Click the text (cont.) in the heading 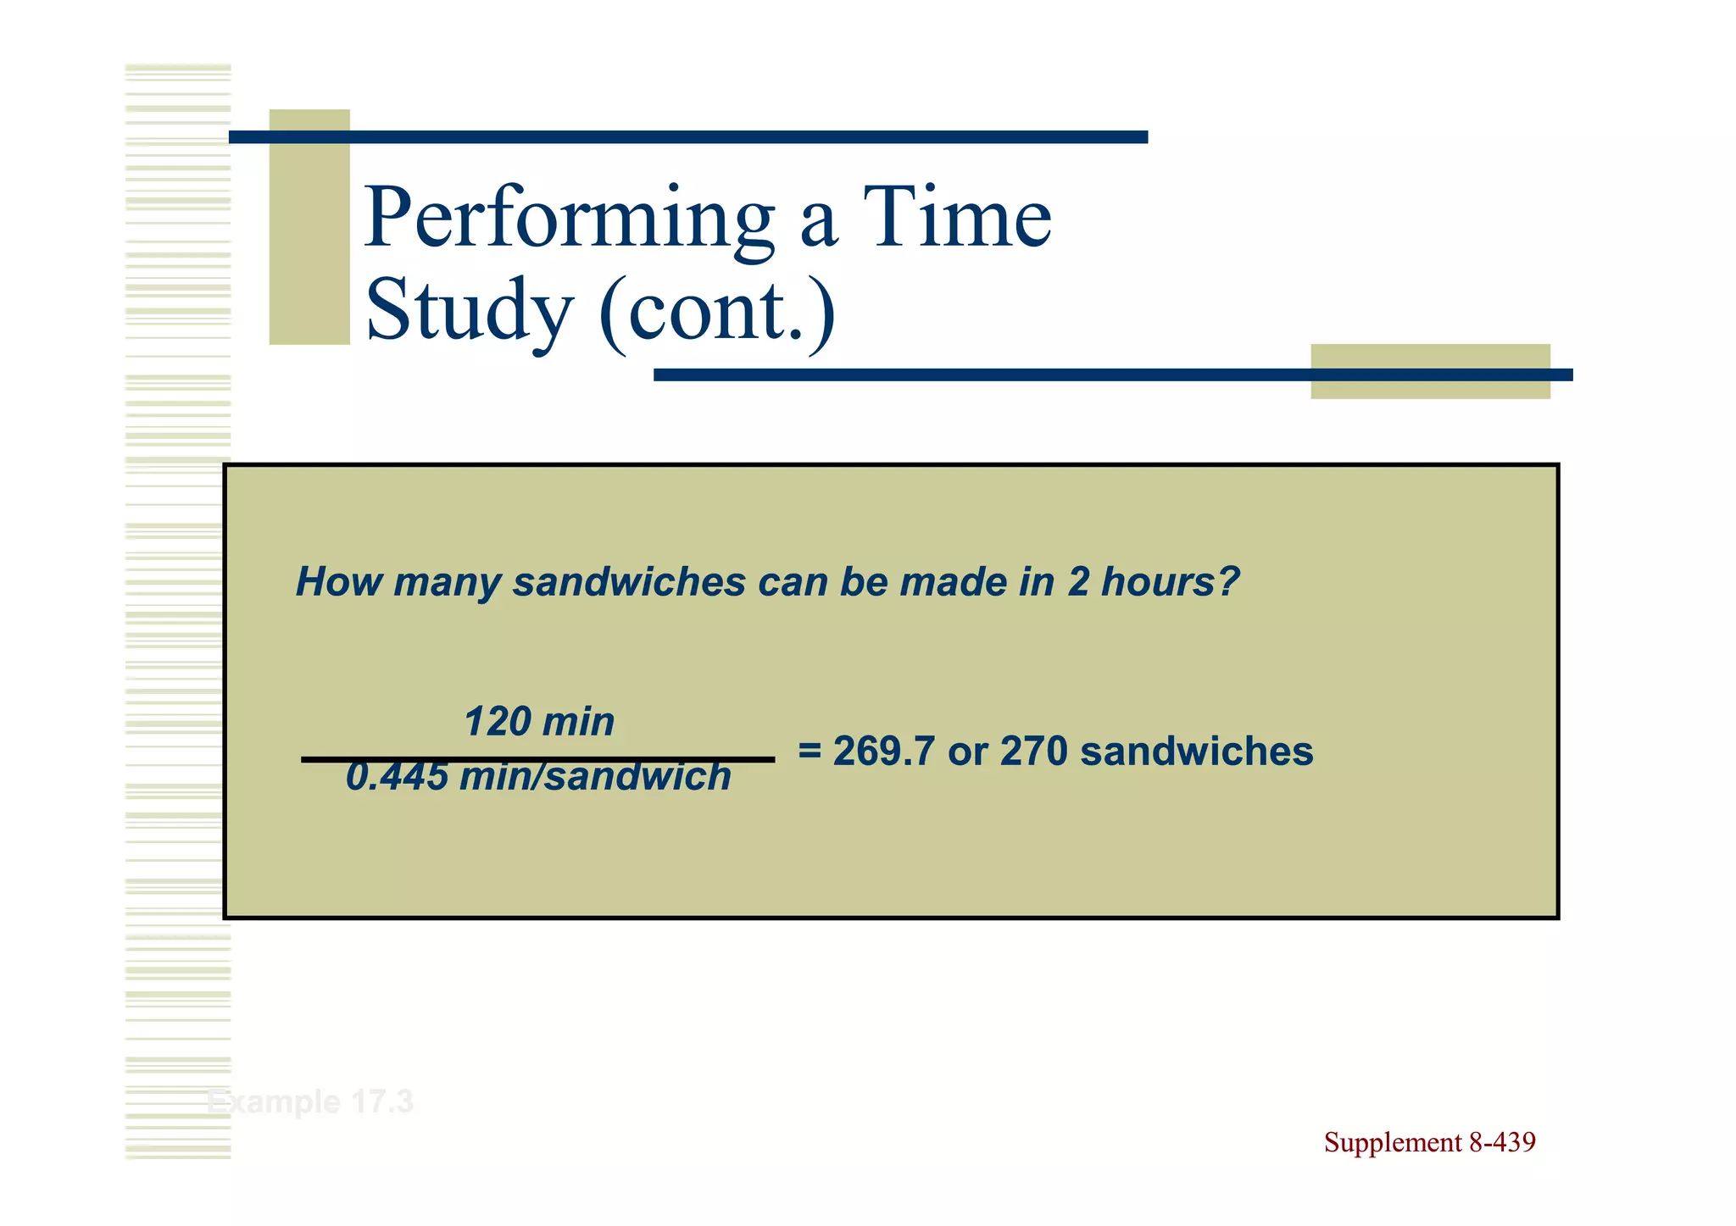(717, 310)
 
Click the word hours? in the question (1170, 582)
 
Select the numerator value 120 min (539, 722)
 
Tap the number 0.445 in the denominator (397, 776)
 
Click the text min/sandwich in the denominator (594, 776)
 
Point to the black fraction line (537, 759)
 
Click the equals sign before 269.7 (810, 751)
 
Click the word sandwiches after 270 (1196, 751)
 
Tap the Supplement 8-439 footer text (1429, 1142)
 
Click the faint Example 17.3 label (310, 1102)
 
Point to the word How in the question (338, 582)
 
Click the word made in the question (954, 582)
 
